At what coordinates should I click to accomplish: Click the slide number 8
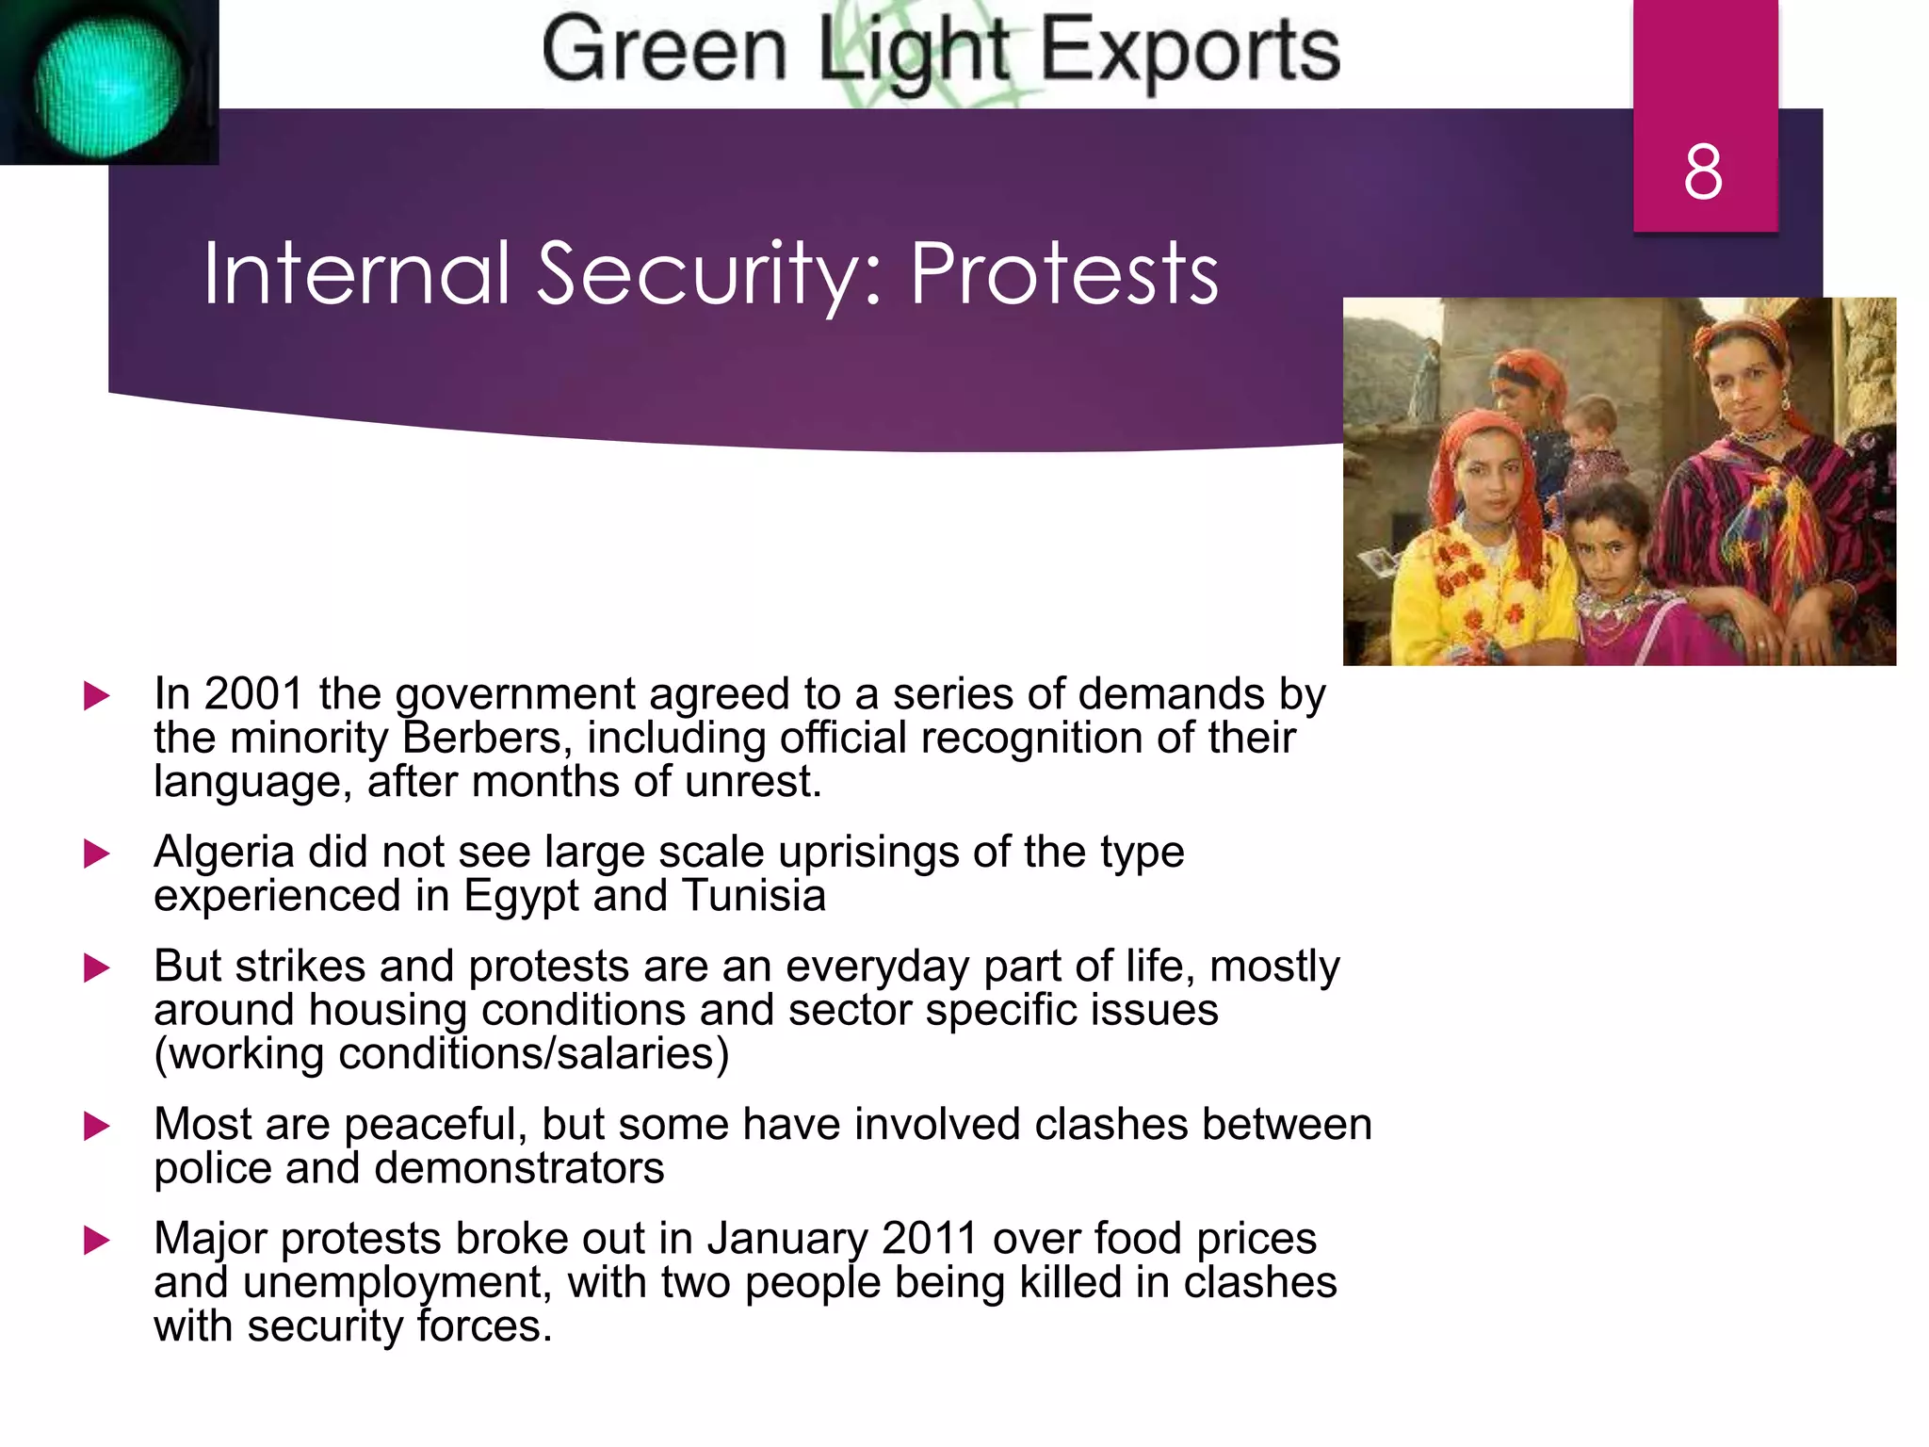pyautogui.click(x=1703, y=172)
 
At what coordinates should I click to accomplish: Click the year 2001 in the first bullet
pyautogui.click(x=253, y=694)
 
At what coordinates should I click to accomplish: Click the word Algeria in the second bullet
pyautogui.click(x=223, y=853)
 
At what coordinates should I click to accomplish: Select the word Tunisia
pyautogui.click(x=754, y=896)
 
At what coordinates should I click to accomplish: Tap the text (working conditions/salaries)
pyautogui.click(x=441, y=1053)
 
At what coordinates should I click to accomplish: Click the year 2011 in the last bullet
pyautogui.click(x=929, y=1239)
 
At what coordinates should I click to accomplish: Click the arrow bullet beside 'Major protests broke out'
pyautogui.click(x=96, y=1240)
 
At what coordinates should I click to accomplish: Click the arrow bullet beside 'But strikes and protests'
pyautogui.click(x=96, y=967)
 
